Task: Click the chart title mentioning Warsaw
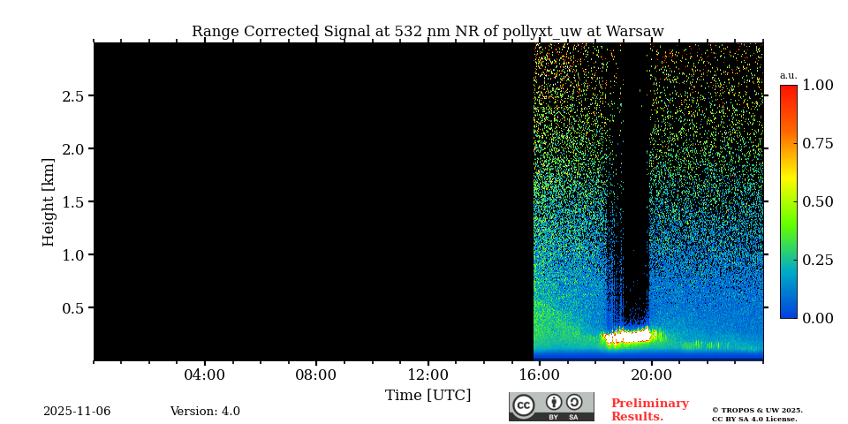[x=428, y=32]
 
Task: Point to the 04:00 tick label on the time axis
[x=204, y=375]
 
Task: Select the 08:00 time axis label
[x=315, y=375]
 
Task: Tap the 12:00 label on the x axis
[x=428, y=375]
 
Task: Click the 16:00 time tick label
[x=540, y=375]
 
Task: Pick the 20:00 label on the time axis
[x=652, y=375]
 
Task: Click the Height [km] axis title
[x=49, y=202]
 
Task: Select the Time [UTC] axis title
[x=428, y=396]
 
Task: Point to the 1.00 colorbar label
[x=817, y=86]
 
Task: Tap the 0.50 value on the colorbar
[x=817, y=202]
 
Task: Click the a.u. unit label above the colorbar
[x=788, y=76]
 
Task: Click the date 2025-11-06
[x=77, y=412]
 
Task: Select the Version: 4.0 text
[x=205, y=412]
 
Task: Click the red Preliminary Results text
[x=649, y=410]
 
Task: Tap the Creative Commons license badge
[x=551, y=406]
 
